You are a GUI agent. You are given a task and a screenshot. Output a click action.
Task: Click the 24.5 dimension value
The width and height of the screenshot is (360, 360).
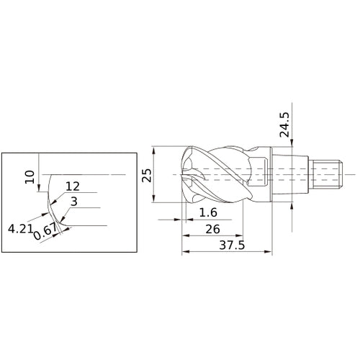tap(284, 125)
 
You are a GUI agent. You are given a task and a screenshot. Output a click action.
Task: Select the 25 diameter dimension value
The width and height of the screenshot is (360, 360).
tap(147, 176)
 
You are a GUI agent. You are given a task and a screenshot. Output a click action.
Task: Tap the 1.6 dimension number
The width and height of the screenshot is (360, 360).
tap(208, 212)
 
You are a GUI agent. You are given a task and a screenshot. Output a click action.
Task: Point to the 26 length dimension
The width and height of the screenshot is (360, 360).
tap(212, 229)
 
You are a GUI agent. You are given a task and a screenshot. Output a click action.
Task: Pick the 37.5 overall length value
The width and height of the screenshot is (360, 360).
tap(232, 245)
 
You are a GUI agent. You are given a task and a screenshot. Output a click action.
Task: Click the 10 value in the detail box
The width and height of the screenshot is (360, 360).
tap(30, 177)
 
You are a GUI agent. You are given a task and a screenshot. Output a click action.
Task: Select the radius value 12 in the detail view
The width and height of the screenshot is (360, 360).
tap(73, 186)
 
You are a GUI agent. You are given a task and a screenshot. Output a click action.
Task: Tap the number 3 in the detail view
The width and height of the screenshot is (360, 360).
tap(74, 202)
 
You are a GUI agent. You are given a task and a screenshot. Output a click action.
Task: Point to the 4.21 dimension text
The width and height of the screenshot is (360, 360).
tap(20, 228)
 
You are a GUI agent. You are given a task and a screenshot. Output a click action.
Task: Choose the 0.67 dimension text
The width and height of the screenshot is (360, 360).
tap(45, 232)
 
